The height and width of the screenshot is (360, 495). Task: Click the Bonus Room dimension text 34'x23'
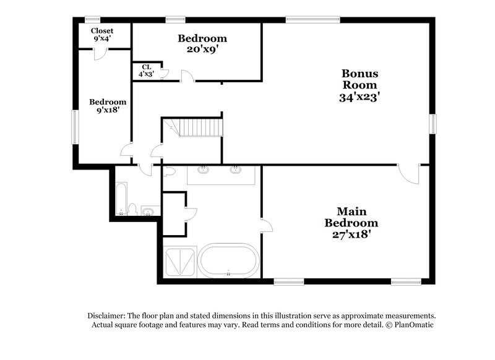(359, 96)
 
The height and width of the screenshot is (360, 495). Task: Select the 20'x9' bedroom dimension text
(202, 49)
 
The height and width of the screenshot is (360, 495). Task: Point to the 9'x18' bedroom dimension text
(108, 111)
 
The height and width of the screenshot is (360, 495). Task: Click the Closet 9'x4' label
(102, 35)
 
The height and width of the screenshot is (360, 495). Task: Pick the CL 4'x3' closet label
(146, 71)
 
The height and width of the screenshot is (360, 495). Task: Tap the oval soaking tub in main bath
(229, 262)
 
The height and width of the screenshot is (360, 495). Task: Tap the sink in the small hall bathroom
(147, 212)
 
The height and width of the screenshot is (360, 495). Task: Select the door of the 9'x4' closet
(99, 54)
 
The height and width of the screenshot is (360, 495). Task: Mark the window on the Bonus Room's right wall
(433, 123)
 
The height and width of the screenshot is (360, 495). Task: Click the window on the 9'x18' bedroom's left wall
(74, 127)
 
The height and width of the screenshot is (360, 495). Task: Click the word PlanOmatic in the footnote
(413, 325)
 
